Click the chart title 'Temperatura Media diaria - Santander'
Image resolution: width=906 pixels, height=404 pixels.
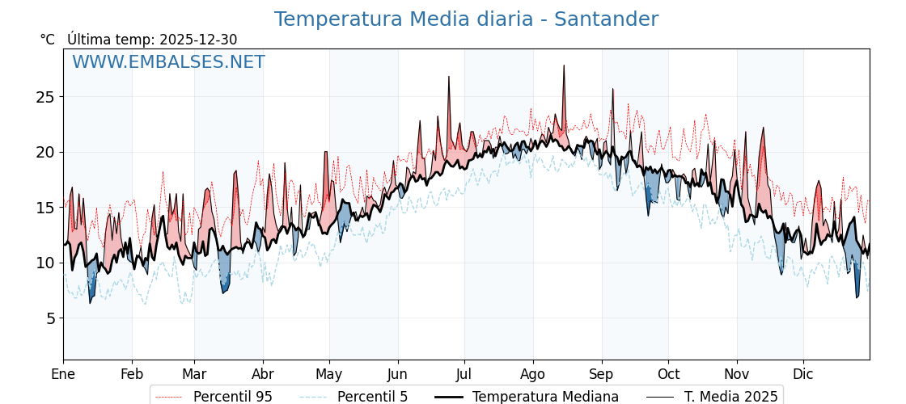coord(466,19)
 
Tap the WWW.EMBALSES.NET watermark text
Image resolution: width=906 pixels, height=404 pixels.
coord(168,62)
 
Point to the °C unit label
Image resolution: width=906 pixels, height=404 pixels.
coord(47,40)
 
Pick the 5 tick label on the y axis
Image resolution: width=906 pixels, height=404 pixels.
coord(49,318)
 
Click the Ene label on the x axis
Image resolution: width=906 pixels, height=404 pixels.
coord(63,374)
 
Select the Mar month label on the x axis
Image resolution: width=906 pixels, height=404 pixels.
coord(194,374)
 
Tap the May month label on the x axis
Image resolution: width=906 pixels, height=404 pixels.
coord(329,374)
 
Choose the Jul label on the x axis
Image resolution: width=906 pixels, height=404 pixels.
coord(464,374)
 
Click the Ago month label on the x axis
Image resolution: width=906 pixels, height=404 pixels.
coord(533,374)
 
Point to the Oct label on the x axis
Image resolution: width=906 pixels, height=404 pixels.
coord(668,374)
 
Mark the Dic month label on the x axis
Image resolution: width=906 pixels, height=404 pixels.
coord(803,374)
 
